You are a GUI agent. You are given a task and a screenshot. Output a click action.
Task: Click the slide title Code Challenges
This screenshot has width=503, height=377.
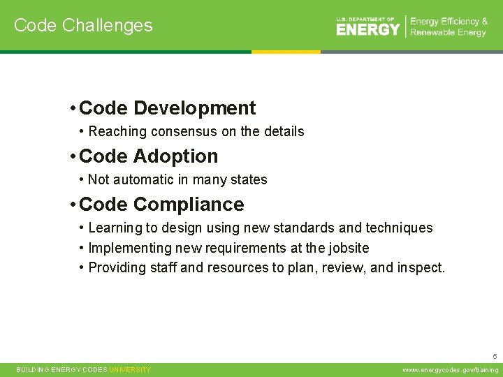pyautogui.click(x=83, y=25)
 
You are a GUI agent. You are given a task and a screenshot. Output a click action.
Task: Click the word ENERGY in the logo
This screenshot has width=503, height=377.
pyautogui.click(x=368, y=29)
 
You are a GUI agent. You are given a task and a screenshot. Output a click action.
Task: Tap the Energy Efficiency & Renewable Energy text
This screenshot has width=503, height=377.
pyautogui.click(x=449, y=27)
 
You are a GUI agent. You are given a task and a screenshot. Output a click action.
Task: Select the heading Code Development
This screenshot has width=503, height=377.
pyautogui.click(x=168, y=108)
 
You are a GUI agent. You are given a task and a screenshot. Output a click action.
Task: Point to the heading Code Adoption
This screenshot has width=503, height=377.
pyautogui.click(x=149, y=156)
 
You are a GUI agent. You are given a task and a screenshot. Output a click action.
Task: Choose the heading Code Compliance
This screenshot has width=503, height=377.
pyautogui.click(x=161, y=205)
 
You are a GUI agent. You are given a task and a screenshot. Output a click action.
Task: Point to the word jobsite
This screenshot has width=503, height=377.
pyautogui.click(x=347, y=248)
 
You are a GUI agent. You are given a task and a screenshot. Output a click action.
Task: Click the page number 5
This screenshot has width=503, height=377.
pyautogui.click(x=495, y=355)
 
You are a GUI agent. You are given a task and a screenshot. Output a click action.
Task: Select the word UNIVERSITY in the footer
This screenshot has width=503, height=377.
pyautogui.click(x=130, y=370)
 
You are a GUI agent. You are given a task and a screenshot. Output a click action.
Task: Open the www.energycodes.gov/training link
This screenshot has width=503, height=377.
pyautogui.click(x=451, y=370)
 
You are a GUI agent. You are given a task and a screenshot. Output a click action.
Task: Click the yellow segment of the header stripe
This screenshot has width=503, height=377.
pyautogui.click(x=286, y=52)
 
